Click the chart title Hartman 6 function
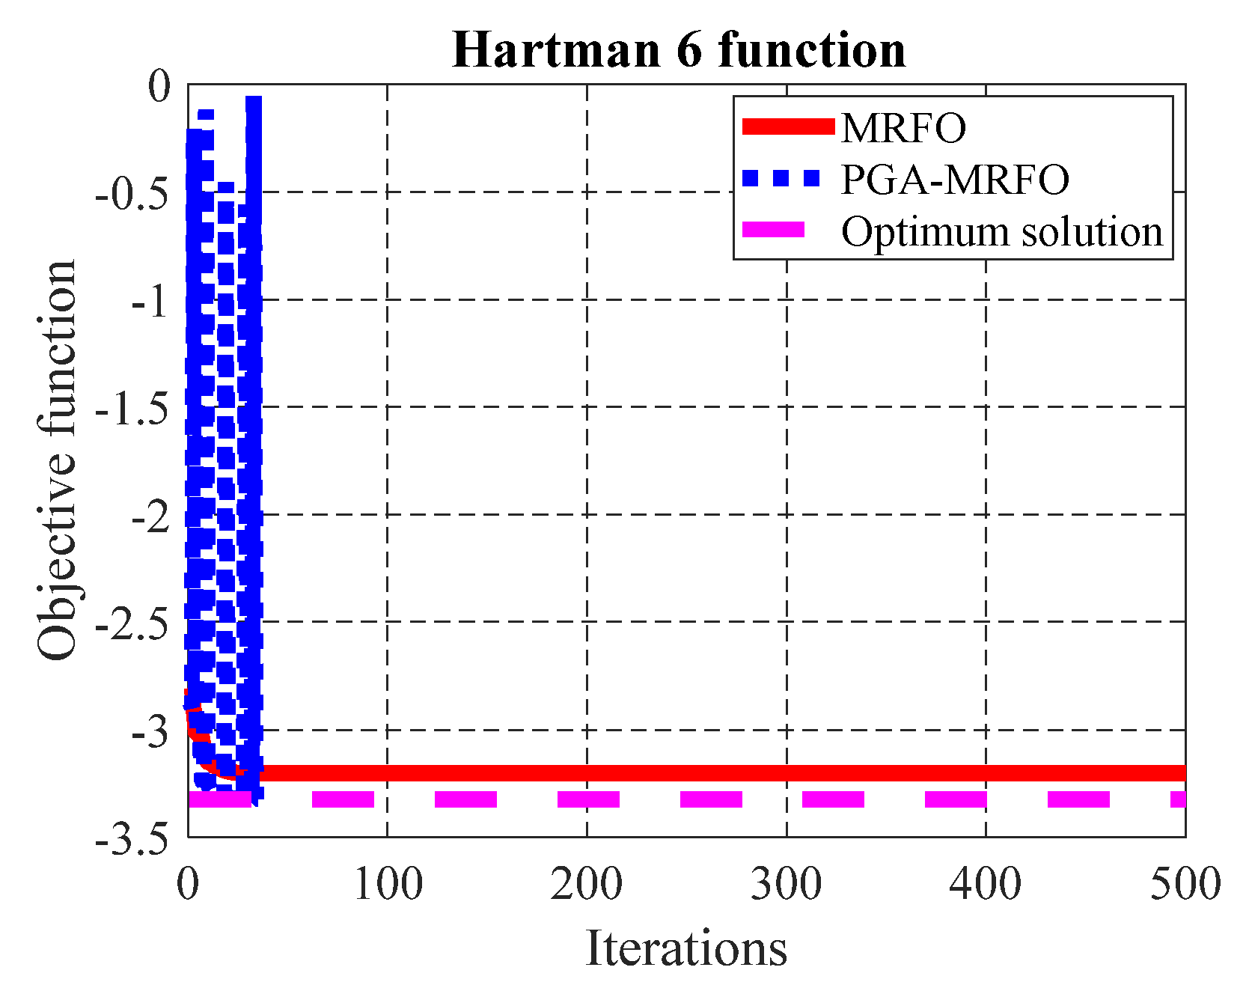coord(679,50)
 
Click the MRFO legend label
coord(903,128)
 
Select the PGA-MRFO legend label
coord(955,180)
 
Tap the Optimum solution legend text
coord(1002,231)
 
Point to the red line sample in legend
coord(787,126)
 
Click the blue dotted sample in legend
coord(781,178)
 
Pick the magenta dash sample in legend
coord(773,230)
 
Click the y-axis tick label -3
coord(150,732)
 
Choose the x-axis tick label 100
coord(388,885)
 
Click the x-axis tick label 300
coord(787,885)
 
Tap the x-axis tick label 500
coord(1185,885)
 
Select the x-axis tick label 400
coord(986,885)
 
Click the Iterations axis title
coord(685,948)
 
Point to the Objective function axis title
coord(57,460)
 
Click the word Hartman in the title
coord(555,50)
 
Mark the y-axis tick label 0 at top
coord(159,88)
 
